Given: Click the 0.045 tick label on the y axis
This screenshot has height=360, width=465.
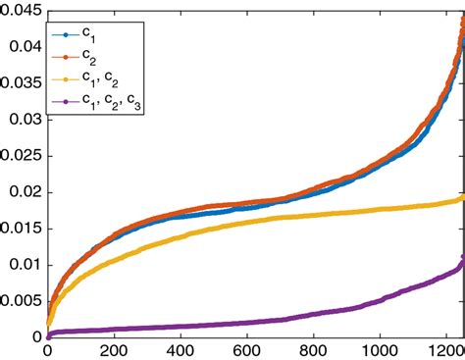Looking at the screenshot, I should coord(20,10).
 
